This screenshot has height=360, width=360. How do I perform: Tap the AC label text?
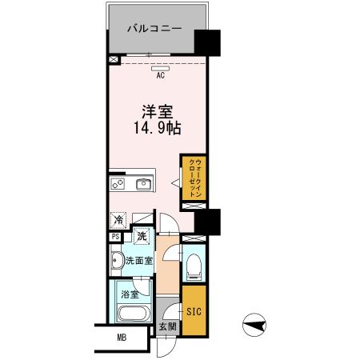[x=160, y=76]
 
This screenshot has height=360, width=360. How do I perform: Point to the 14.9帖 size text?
[x=158, y=127]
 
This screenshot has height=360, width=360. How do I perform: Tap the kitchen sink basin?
[x=145, y=185]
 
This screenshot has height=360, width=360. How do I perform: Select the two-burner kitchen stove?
[x=118, y=185]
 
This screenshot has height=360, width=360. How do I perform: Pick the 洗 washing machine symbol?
[x=142, y=236]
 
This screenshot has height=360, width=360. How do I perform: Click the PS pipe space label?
[x=115, y=236]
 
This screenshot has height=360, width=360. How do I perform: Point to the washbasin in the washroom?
[x=116, y=259]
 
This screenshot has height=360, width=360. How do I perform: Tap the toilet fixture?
[x=194, y=268]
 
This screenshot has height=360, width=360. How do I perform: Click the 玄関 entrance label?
[x=166, y=326]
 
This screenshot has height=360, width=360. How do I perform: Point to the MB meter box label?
[x=122, y=337]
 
